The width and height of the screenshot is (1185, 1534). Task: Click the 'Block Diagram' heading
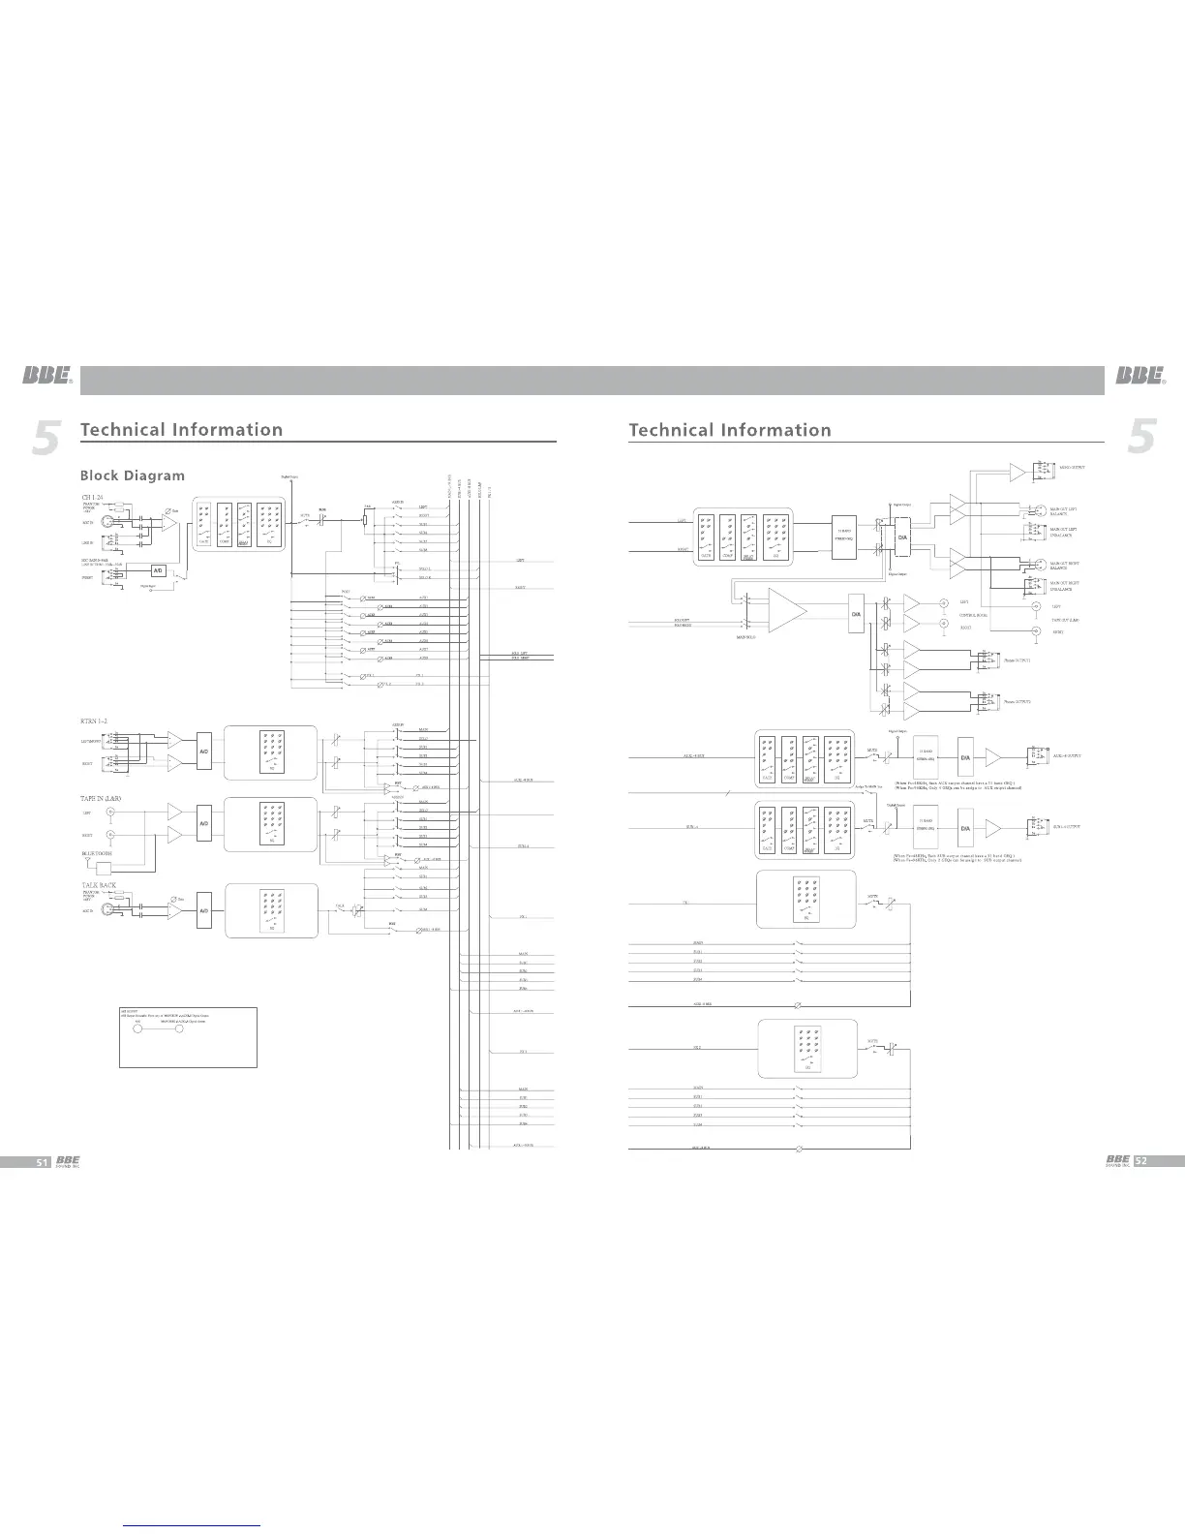[132, 476]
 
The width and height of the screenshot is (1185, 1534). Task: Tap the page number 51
[42, 1161]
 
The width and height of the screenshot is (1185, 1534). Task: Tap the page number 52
[1140, 1161]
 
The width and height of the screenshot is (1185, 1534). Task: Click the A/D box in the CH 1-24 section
[159, 570]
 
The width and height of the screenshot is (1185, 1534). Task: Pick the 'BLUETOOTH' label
[97, 853]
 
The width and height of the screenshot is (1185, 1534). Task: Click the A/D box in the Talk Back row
[205, 911]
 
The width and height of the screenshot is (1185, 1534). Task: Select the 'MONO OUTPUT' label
[1071, 467]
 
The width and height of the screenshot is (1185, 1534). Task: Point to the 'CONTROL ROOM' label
[973, 615]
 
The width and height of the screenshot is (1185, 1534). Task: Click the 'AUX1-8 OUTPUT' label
[1067, 755]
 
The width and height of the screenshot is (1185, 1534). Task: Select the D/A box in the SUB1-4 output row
[965, 828]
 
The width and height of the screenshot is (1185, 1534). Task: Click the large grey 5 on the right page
[1143, 437]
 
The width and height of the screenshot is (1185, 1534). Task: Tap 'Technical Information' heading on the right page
[729, 430]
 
